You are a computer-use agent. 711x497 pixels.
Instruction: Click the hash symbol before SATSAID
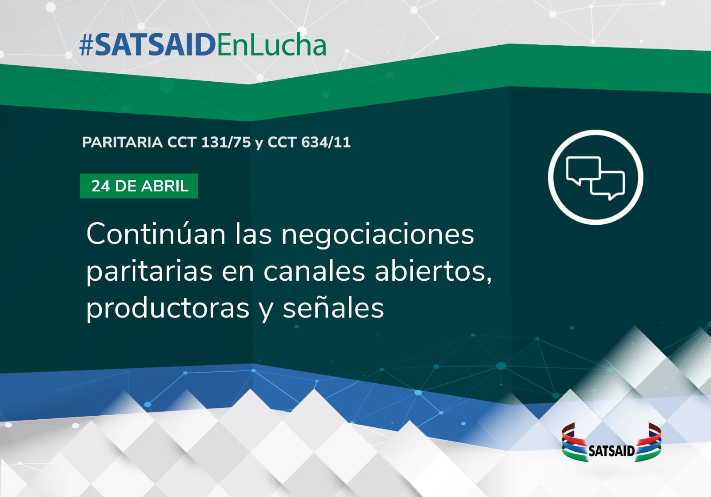[x=86, y=46]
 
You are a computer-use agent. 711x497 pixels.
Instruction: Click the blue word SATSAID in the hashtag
[x=155, y=46]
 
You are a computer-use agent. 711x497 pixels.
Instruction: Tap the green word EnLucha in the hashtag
[x=272, y=45]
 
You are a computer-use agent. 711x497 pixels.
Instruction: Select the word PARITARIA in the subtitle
[x=122, y=142]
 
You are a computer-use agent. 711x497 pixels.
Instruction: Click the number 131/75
[x=226, y=142]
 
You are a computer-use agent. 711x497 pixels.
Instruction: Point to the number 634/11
[x=326, y=142]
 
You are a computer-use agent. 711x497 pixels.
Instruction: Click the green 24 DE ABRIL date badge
[x=139, y=186]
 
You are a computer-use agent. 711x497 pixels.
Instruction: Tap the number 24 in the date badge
[x=100, y=186]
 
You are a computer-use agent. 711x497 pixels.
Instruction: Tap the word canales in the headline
[x=314, y=271]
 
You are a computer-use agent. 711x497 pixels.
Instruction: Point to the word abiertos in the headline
[x=433, y=272]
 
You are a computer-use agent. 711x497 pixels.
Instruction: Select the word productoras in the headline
[x=168, y=308]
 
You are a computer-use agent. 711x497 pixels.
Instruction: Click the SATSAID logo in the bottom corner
[x=611, y=442]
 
